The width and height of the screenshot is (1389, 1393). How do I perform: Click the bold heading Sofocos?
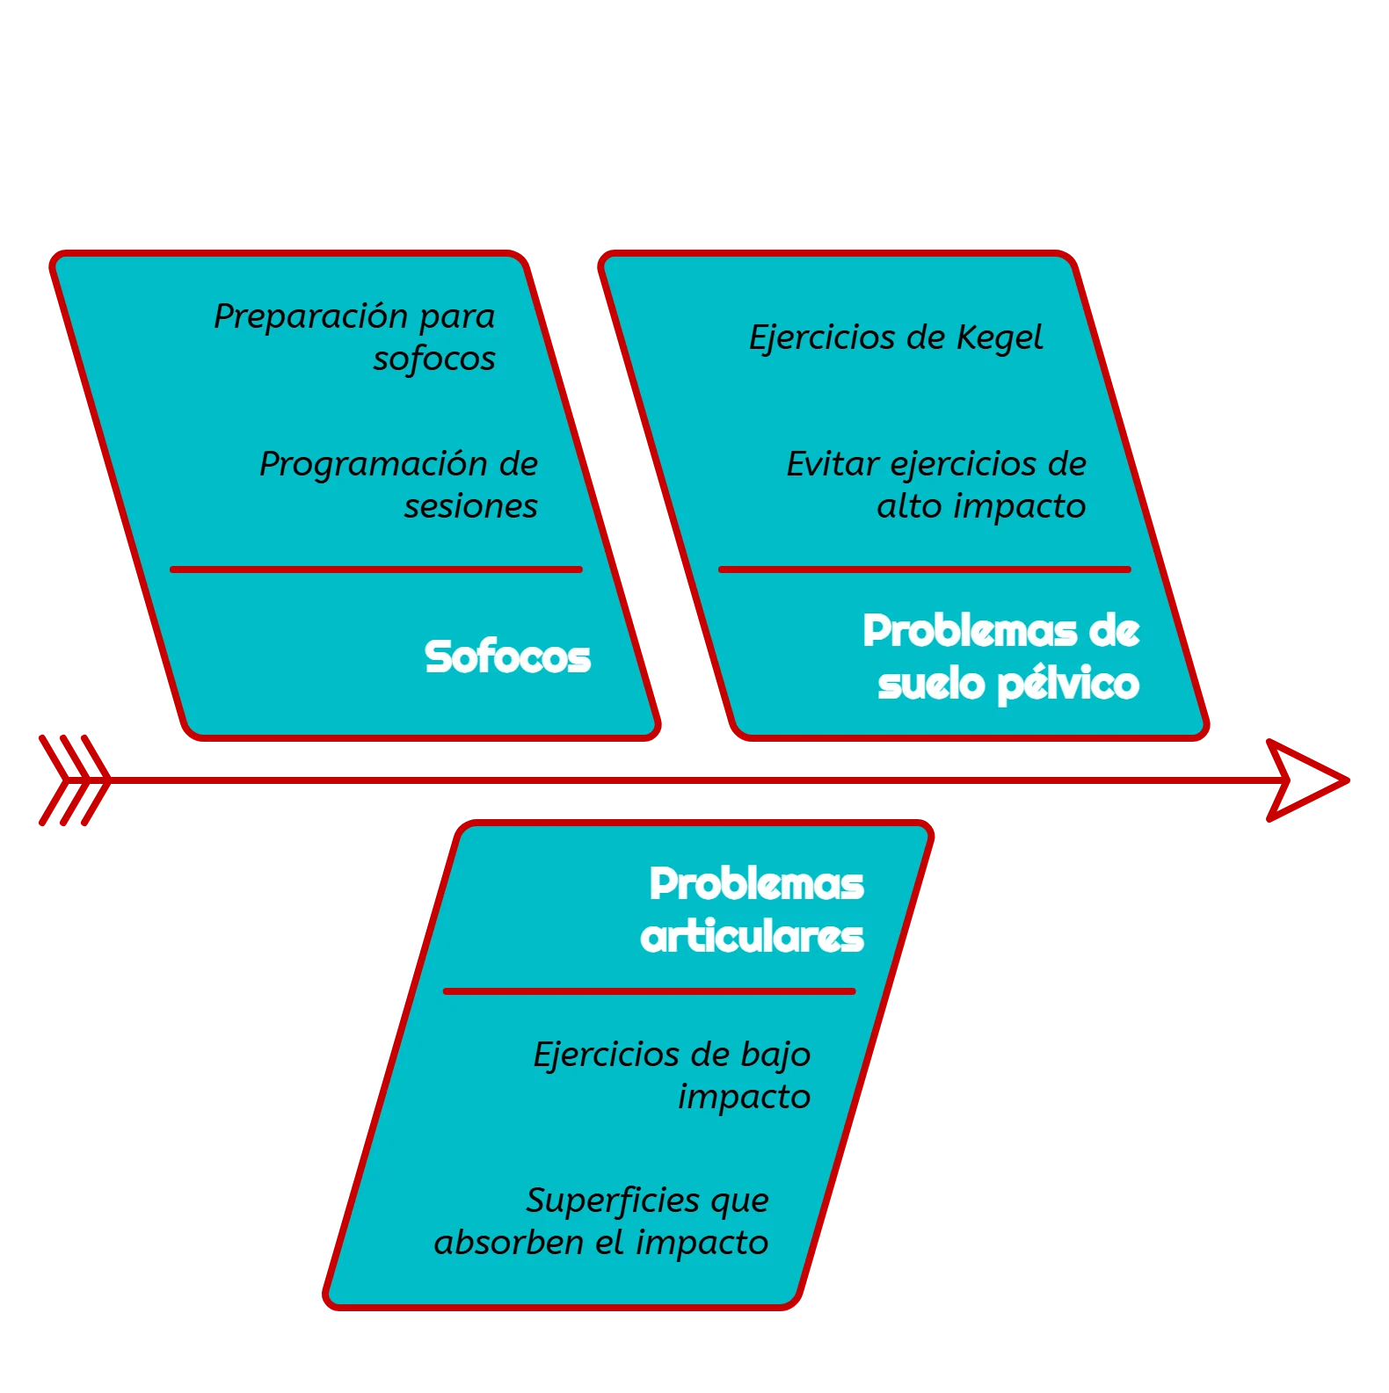coord(507,657)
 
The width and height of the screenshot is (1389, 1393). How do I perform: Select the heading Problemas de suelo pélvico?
coord(1001,657)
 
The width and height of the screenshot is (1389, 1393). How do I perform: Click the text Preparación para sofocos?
coord(355,337)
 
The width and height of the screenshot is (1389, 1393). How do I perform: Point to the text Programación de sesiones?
coord(399,484)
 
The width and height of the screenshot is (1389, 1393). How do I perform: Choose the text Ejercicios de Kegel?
coord(895,337)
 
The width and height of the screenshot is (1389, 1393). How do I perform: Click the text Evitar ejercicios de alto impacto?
coord(936,484)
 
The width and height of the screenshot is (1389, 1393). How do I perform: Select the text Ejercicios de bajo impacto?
coord(673,1075)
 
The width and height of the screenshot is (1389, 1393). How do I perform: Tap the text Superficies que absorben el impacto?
coord(602,1221)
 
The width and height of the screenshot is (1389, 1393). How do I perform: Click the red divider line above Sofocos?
coord(376,570)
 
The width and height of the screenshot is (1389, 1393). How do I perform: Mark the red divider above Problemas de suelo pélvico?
coord(925,570)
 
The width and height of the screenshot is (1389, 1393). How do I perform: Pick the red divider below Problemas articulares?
coord(650,991)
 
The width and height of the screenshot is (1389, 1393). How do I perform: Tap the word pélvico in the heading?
coord(1069,684)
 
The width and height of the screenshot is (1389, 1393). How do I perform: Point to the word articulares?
coord(753,937)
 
